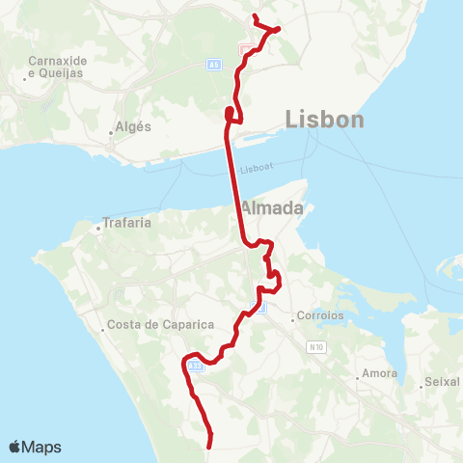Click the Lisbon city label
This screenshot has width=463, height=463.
(325, 120)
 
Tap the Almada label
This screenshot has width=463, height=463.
(272, 208)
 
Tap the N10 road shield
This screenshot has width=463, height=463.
(318, 346)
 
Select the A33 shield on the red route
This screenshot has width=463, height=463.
(196, 366)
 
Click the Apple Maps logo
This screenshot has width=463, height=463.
(36, 447)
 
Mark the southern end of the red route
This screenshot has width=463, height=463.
(209, 445)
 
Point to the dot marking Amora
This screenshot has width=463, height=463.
(358, 378)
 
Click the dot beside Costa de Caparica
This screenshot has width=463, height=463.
(103, 329)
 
